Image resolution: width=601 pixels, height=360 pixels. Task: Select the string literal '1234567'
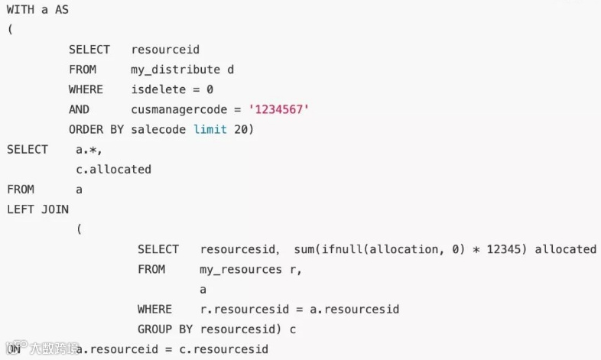coord(279,109)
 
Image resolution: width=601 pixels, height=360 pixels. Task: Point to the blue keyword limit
coord(210,129)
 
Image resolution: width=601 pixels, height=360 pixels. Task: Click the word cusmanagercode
coord(179,109)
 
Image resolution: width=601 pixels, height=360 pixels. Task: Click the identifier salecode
coord(158,129)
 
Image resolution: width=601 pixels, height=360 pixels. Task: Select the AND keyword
coord(79,109)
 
